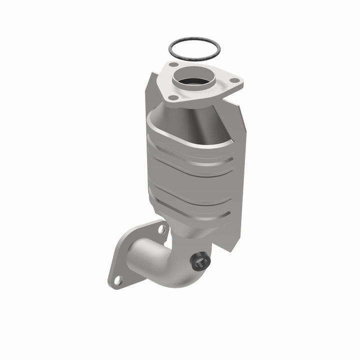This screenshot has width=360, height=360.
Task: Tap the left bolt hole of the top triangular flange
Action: (173, 64)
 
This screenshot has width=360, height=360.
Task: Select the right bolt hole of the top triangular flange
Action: (233, 79)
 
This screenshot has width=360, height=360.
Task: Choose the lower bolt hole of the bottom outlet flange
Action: (118, 280)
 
